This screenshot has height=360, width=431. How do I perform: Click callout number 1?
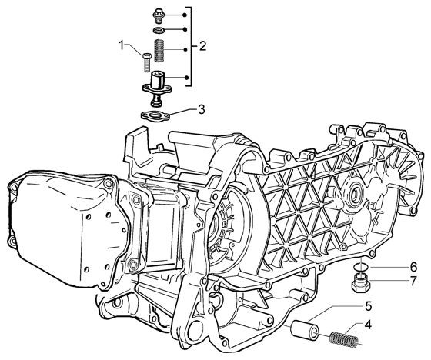coord(121,48)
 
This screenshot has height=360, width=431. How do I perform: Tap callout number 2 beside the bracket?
coord(202,46)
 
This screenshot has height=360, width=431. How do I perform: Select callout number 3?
coord(201,109)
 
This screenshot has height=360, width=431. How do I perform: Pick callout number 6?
coord(390,267)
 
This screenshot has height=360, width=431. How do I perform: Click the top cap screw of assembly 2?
coord(158,15)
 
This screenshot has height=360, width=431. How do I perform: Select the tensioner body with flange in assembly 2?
coord(158,82)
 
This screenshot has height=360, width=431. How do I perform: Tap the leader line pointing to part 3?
coord(182,111)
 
